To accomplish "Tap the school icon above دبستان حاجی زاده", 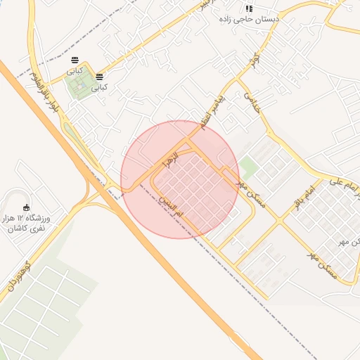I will (x=248, y=8).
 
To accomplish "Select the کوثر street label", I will (x=256, y=60).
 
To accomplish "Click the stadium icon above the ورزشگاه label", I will (x=27, y=207).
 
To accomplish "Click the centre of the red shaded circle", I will (x=180, y=179).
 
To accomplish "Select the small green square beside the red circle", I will (x=248, y=168).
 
